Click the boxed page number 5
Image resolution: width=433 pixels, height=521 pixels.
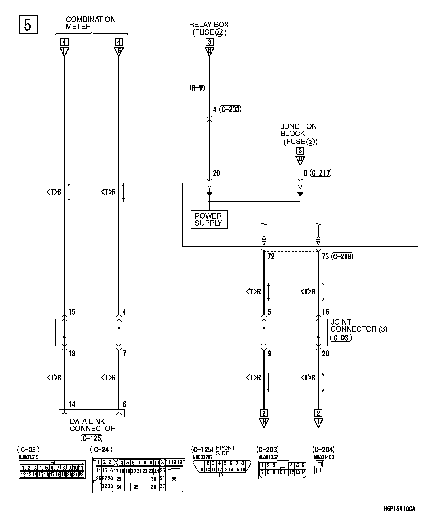click(28, 25)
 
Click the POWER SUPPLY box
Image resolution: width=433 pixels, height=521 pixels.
click(209, 220)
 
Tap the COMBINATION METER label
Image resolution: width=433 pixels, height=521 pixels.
click(90, 23)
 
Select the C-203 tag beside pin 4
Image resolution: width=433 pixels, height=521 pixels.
click(230, 109)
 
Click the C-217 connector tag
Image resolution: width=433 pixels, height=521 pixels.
click(321, 173)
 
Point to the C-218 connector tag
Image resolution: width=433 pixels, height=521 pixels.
click(342, 256)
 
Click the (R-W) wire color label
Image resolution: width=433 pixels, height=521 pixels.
click(197, 88)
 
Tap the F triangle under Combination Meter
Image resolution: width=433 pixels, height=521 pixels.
click(64, 52)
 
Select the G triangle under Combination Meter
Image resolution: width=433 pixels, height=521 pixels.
click(119, 52)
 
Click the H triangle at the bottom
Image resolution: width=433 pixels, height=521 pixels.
click(264, 423)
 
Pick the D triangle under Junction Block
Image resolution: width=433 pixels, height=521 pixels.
click(300, 160)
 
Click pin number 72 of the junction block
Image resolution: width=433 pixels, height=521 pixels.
click(271, 256)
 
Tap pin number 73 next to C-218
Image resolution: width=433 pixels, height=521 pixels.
click(325, 256)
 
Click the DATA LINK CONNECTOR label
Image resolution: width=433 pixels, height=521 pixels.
click(92, 425)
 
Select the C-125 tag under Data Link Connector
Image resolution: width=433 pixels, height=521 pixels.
click(92, 438)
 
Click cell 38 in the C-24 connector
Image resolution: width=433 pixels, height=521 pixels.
click(174, 479)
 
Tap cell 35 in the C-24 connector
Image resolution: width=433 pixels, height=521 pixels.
click(136, 487)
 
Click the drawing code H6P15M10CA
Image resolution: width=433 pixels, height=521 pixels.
click(399, 509)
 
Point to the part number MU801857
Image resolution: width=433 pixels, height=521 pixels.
click(268, 457)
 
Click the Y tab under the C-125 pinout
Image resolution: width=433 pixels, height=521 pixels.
click(222, 475)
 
